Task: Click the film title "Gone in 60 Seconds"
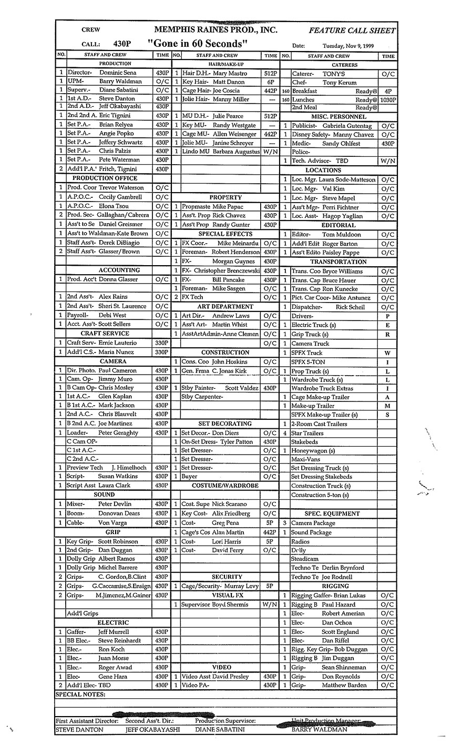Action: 197,43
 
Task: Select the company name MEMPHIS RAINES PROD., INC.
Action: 216,29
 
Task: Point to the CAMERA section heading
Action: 112,361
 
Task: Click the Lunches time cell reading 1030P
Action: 388,100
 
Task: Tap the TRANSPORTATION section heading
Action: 338,262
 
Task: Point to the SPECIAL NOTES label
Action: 80,695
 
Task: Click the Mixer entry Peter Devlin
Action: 109,504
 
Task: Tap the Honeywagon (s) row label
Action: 313,451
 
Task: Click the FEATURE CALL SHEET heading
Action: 352,30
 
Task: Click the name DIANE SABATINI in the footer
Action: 219,730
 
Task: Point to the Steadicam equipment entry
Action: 305,559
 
